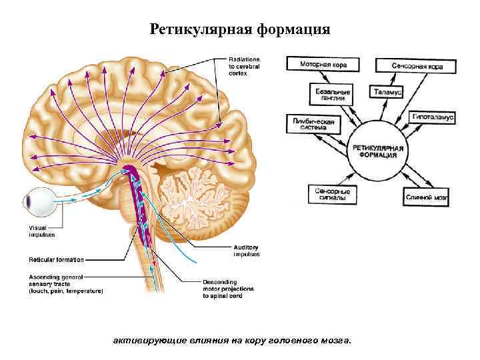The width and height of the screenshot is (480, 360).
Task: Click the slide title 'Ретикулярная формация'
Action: [239, 29]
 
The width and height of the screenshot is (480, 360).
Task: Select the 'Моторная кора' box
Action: [323, 64]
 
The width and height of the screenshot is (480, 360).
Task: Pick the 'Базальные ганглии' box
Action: [331, 94]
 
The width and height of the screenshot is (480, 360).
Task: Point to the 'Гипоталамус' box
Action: [432, 117]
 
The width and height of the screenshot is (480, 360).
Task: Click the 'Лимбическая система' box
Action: [313, 125]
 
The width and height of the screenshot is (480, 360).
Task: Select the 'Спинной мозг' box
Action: [427, 197]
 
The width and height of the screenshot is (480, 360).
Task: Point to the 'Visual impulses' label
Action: [41, 231]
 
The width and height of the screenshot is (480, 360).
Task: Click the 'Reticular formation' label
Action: [56, 259]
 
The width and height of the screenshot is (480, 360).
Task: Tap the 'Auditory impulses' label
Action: [246, 251]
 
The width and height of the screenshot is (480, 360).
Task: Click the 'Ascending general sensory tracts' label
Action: [65, 283]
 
